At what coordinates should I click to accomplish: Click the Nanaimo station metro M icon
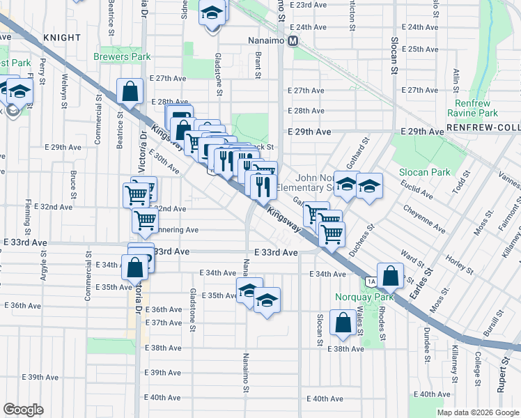pyautogui.click(x=293, y=40)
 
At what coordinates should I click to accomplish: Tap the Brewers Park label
pyautogui.click(x=123, y=56)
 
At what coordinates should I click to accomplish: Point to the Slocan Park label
pyautogui.click(x=424, y=171)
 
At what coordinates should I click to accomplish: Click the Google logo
pyautogui.click(x=23, y=410)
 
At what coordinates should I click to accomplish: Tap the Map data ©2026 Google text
pyautogui.click(x=477, y=412)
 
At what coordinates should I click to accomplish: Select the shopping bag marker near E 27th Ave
pyautogui.click(x=130, y=91)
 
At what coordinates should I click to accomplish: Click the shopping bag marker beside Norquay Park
pyautogui.click(x=391, y=275)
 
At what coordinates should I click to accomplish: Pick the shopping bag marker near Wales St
pyautogui.click(x=343, y=323)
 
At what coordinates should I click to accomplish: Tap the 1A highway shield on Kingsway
pyautogui.click(x=371, y=281)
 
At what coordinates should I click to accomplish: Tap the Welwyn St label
pyautogui.click(x=65, y=88)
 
